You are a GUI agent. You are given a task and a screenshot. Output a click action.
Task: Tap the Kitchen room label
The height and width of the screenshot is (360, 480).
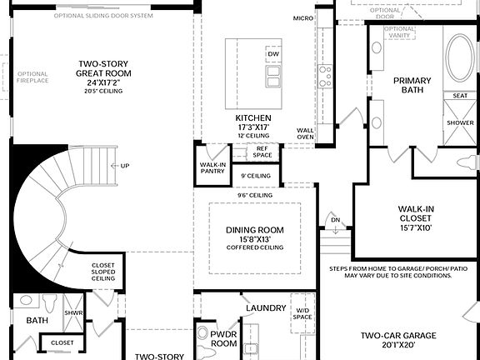[x=252, y=117]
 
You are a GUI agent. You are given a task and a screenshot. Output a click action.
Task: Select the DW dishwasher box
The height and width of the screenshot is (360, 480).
[x=272, y=54]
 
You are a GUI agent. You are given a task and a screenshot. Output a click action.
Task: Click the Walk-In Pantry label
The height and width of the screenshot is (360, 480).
[x=213, y=168]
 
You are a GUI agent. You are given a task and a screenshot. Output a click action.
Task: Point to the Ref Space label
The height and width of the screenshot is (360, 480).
[x=262, y=152]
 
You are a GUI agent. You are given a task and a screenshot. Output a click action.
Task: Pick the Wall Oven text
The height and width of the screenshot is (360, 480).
[x=305, y=133]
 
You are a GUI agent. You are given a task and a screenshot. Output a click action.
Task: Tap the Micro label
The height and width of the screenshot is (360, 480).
[x=303, y=17]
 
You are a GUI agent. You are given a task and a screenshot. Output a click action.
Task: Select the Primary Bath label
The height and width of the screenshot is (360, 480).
[x=412, y=84]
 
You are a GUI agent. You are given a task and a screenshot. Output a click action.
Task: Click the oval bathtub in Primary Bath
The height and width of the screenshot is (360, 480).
[x=459, y=57]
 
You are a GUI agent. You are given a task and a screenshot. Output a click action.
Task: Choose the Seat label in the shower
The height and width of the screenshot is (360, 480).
[x=459, y=96]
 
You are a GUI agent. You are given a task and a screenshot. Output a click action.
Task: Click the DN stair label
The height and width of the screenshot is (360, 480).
[x=335, y=220]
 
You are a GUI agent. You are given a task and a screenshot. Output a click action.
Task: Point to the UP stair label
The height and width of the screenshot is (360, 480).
[x=125, y=165]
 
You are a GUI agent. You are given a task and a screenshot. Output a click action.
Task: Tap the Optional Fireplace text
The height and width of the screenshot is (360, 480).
[x=32, y=77]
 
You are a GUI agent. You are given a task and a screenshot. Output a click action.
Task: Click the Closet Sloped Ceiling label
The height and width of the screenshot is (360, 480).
[x=102, y=272]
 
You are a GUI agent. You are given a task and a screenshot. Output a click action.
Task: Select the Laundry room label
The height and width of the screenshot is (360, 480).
[x=266, y=308]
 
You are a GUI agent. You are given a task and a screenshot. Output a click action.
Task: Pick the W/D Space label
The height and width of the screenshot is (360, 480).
[x=302, y=314]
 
